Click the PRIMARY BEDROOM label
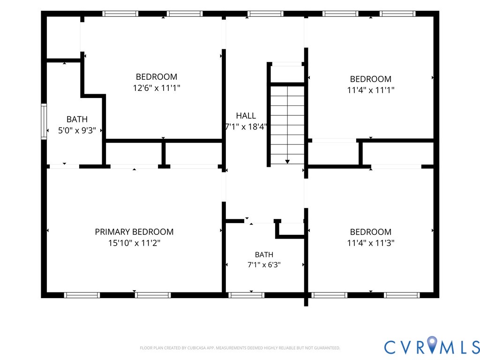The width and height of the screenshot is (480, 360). pos(134,232)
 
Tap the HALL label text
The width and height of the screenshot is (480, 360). pos(246,116)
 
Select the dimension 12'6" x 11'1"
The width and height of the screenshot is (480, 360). pos(157,88)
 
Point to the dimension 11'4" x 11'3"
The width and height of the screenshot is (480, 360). pos(371,243)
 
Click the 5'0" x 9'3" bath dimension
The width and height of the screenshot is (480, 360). pos(77,130)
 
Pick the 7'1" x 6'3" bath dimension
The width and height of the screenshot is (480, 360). pos(264,265)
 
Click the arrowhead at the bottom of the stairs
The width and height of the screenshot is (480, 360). pos(287,162)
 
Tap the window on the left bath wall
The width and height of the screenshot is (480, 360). pos(44,122)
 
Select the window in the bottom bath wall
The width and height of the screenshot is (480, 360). pos(247,295)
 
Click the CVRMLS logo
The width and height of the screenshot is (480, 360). pos(432,346)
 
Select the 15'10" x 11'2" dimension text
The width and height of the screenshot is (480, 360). pos(134,243)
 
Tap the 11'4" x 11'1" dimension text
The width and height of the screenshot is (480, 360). pos(371,90)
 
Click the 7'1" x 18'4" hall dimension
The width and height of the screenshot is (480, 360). pos(246,127)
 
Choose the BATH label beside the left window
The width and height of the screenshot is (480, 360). pos(77,119)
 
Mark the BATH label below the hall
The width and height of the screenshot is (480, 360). pos(264,255)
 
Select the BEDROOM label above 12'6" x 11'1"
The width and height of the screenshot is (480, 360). pos(157,76)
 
